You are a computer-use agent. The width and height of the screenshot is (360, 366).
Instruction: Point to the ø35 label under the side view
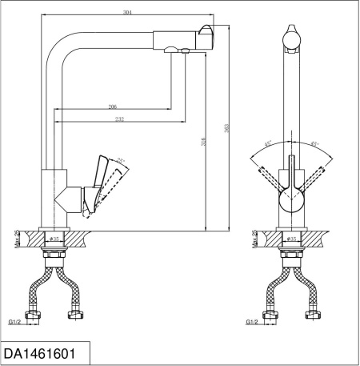point(55,239)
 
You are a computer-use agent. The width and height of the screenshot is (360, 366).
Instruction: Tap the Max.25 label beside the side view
point(17,237)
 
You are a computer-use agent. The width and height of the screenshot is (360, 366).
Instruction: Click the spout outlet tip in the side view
point(206,37)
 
